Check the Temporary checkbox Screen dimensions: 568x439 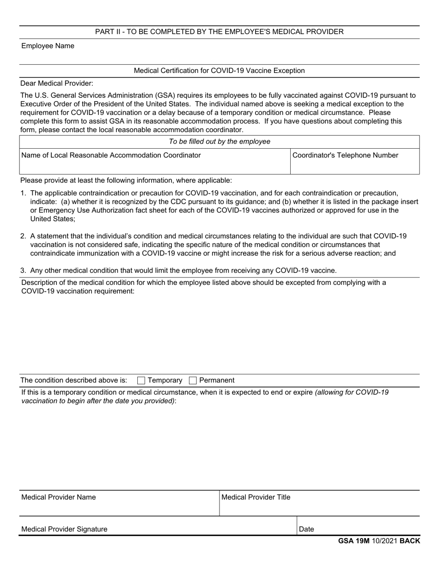(141, 381)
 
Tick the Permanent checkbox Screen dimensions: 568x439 (193, 381)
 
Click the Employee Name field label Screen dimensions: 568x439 (48, 46)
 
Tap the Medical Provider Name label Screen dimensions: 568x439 (59, 497)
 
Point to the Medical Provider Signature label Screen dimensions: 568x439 (64, 529)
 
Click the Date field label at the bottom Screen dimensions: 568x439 (306, 529)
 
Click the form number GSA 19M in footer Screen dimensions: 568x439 (354, 541)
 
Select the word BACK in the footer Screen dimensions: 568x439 (410, 541)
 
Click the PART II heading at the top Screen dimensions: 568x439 (219, 31)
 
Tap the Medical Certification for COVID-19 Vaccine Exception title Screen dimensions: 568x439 (219, 71)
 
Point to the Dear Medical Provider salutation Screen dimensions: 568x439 (57, 83)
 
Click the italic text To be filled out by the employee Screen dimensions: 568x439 (219, 141)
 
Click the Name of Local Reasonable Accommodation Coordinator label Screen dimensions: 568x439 (111, 155)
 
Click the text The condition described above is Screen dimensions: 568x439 (73, 381)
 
